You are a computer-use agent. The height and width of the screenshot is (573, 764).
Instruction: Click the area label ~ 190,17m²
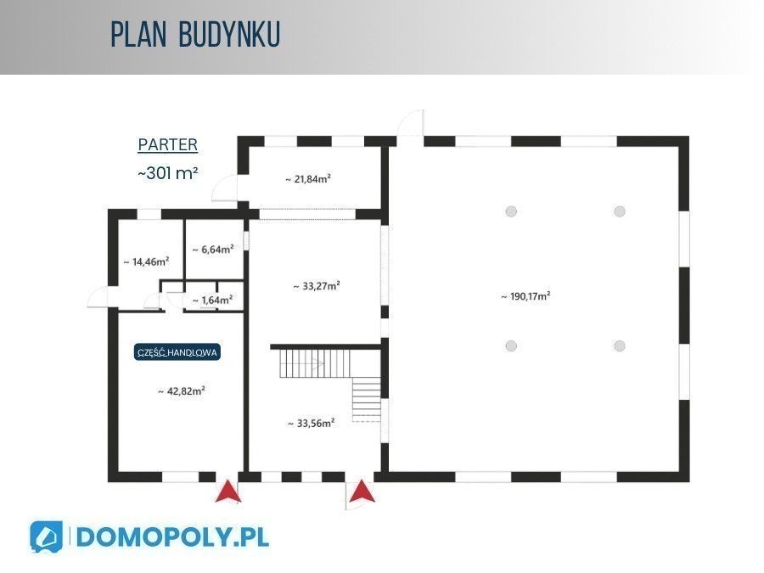tap(525, 296)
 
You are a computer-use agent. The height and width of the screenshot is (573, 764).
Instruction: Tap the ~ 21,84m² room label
tap(308, 179)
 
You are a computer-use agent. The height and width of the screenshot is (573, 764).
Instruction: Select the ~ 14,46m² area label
tap(146, 261)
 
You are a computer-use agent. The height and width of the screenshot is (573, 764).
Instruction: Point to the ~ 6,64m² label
tap(213, 250)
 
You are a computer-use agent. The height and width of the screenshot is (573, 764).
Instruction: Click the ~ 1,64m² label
tap(212, 301)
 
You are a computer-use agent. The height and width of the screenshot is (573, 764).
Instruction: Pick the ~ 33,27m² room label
tap(317, 286)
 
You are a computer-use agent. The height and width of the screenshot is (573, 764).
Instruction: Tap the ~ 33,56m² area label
tap(312, 424)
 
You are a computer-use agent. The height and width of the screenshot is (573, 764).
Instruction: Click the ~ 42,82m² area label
tap(182, 390)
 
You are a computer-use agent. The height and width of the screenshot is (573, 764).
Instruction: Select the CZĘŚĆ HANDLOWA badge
tap(177, 352)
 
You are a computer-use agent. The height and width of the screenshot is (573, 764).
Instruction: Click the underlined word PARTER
tap(167, 144)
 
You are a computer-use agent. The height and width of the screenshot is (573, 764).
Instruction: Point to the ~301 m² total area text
tap(168, 172)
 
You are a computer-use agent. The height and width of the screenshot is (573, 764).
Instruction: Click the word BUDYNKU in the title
tap(229, 34)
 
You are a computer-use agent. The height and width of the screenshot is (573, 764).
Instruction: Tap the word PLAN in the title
tap(139, 34)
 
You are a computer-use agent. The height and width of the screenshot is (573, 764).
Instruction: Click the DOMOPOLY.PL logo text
tap(172, 537)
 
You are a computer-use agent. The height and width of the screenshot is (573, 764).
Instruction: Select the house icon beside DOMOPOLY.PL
tap(47, 537)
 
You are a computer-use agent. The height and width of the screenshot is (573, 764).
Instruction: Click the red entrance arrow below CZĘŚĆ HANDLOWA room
tap(228, 491)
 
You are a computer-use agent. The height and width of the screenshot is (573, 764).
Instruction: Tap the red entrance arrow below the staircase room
tap(362, 491)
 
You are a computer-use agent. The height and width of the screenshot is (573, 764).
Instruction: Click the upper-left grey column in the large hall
tap(511, 211)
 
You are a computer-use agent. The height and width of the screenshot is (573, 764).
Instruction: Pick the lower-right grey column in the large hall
tap(620, 346)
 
